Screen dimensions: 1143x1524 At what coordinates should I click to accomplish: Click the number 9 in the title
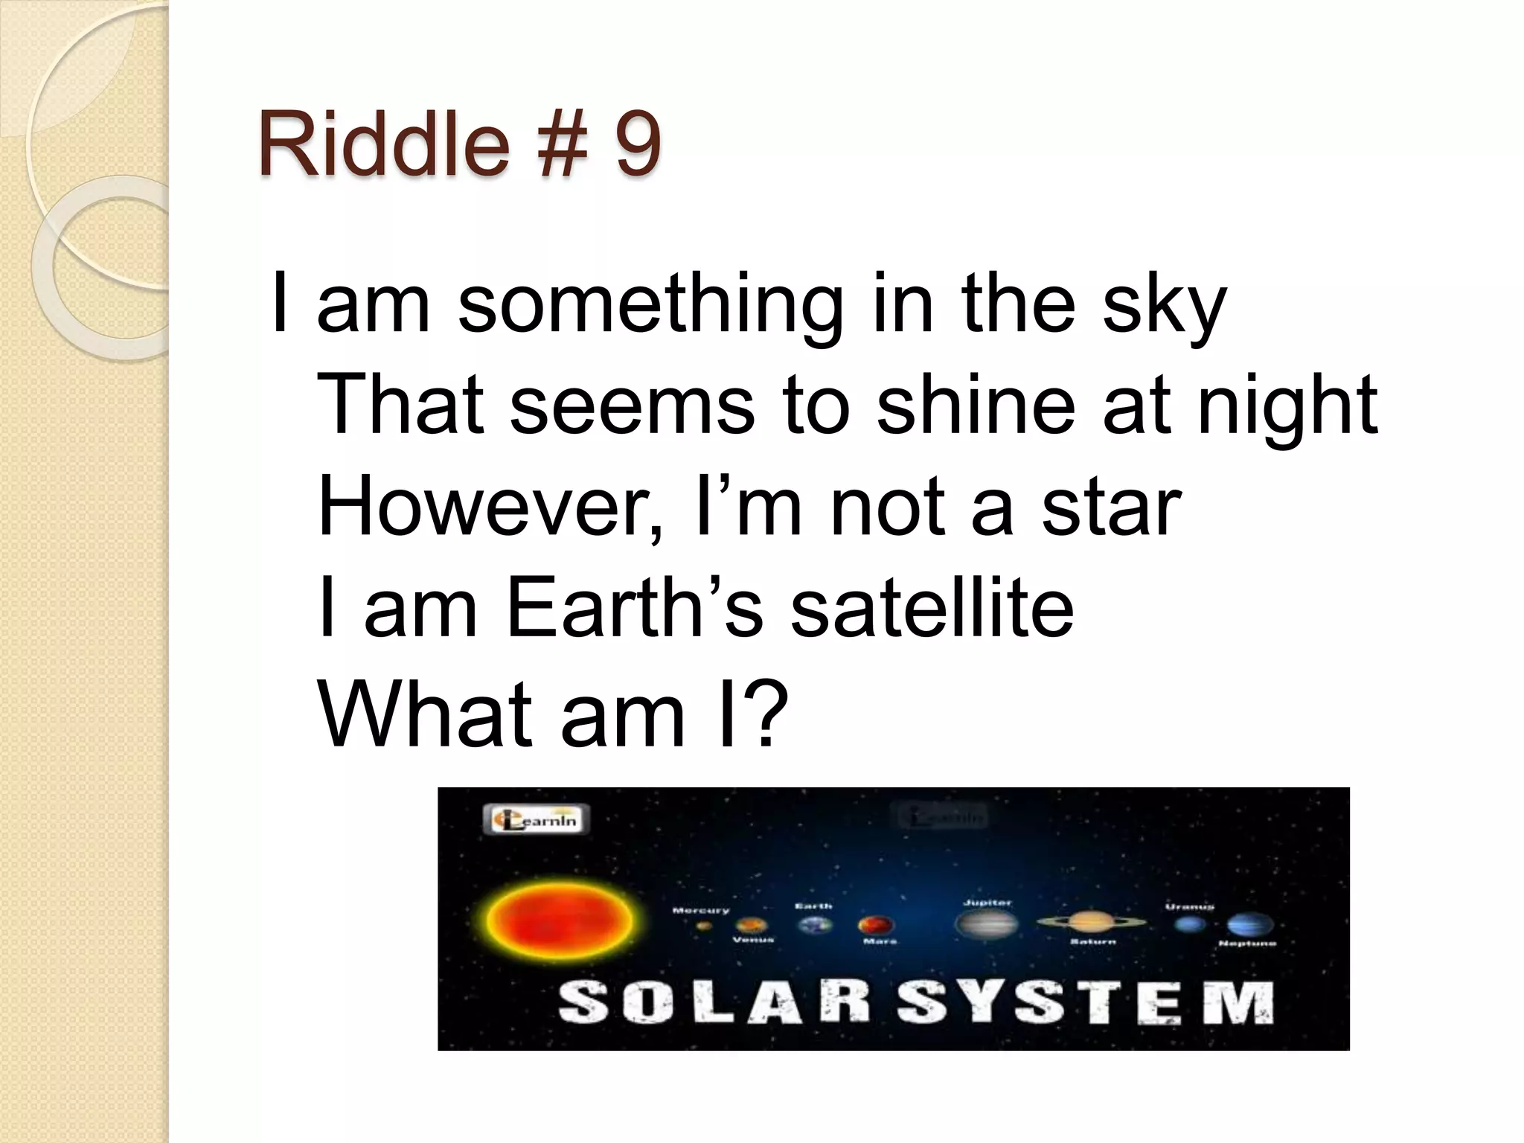click(637, 143)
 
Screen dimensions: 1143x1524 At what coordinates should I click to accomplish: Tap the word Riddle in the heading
click(384, 143)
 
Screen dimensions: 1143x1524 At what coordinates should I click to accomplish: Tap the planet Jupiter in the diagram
click(986, 924)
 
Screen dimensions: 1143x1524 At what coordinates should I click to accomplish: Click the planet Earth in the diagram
click(816, 925)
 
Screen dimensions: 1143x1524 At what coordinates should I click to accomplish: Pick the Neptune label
click(1247, 944)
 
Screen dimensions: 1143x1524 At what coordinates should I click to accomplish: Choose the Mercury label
click(701, 910)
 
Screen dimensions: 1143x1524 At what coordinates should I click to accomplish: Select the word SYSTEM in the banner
click(1086, 1003)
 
